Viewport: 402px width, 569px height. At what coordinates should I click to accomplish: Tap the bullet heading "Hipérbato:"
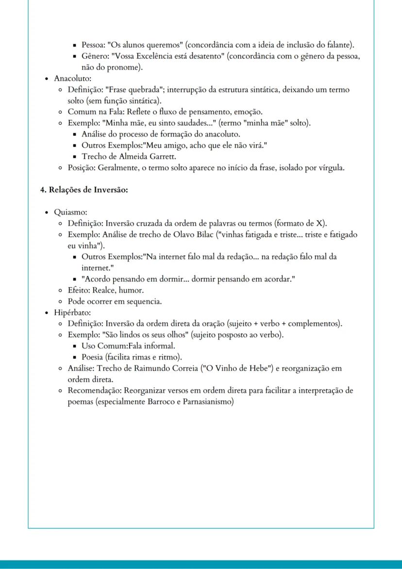click(72, 312)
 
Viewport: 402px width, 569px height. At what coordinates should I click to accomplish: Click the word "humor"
click(133, 290)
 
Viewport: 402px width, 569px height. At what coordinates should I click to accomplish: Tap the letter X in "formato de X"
click(320, 224)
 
